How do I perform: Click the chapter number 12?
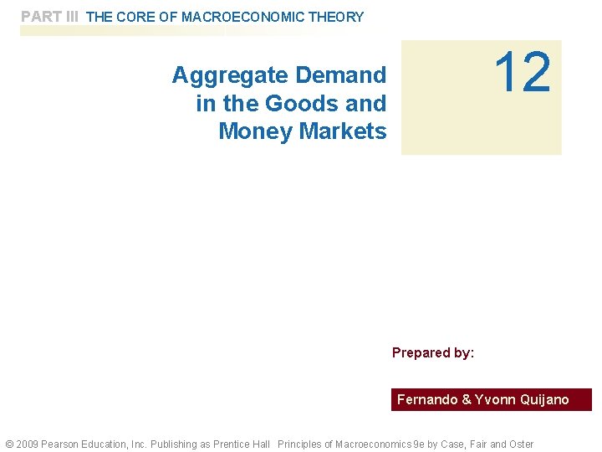(x=523, y=74)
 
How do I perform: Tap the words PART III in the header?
(x=49, y=17)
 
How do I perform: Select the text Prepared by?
(x=433, y=352)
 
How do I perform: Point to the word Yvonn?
(x=495, y=400)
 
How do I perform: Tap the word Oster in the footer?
(x=520, y=444)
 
